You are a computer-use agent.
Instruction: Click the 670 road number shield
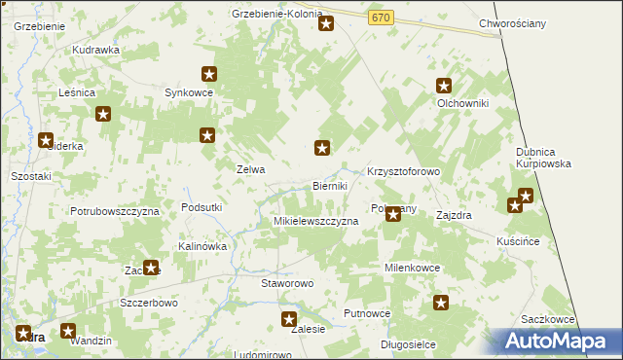click(381, 18)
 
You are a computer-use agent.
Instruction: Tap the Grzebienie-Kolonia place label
click(276, 14)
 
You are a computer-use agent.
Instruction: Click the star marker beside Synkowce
click(208, 73)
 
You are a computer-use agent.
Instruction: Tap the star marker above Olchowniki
click(444, 85)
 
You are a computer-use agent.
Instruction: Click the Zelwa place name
click(251, 168)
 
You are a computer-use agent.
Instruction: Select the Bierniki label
click(330, 185)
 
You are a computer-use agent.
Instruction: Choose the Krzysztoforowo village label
click(404, 171)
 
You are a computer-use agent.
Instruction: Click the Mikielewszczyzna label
click(315, 221)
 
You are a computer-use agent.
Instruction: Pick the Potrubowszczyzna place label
click(114, 210)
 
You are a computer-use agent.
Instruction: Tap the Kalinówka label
click(202, 246)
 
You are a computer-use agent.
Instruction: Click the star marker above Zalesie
click(288, 319)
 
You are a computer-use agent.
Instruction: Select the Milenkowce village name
click(413, 267)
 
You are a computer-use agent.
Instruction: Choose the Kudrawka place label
click(95, 49)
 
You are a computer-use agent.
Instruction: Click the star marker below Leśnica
click(103, 114)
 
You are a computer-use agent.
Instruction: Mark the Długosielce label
click(408, 344)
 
